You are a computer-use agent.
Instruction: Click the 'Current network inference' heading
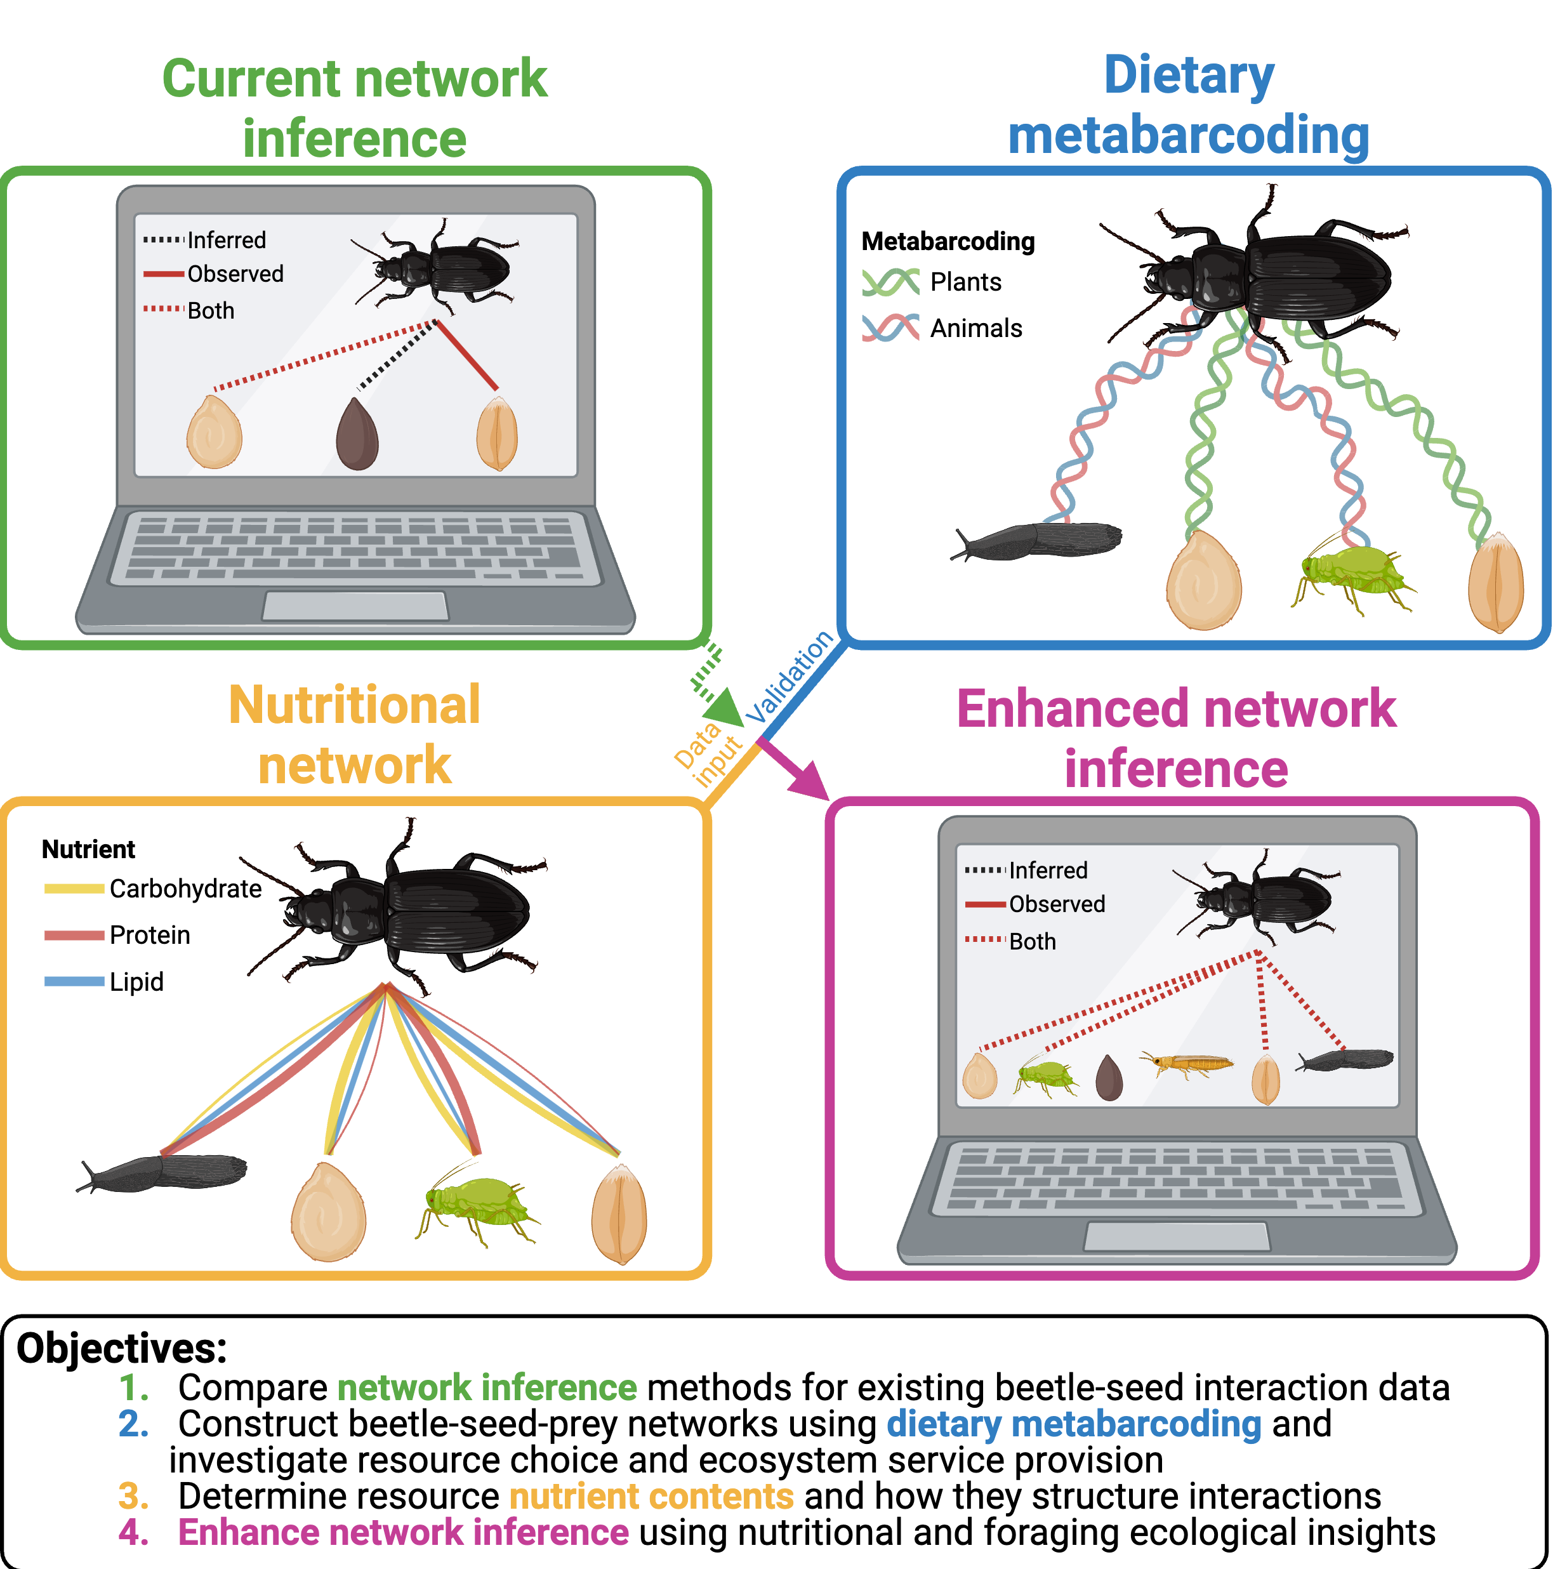point(354,108)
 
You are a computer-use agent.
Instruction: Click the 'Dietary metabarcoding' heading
point(1188,105)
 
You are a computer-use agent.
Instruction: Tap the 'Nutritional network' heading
point(354,734)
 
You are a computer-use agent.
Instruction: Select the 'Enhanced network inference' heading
point(1175,738)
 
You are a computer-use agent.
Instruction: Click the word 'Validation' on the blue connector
point(790,677)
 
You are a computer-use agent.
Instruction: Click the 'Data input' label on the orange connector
point(706,755)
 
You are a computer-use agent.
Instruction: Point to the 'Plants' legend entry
point(965,282)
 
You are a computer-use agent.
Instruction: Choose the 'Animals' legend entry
point(975,328)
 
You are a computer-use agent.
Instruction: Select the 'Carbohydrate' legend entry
point(185,889)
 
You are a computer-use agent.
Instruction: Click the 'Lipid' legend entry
point(136,982)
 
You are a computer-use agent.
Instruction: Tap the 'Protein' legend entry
point(149,935)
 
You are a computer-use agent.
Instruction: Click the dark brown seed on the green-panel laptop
point(357,435)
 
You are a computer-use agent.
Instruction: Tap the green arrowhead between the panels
point(725,706)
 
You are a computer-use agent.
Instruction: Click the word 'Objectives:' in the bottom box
point(122,1349)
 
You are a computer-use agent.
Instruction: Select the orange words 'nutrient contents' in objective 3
point(651,1496)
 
